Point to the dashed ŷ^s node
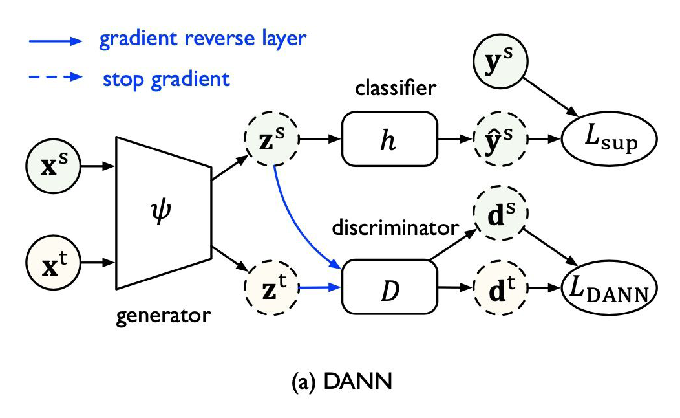tap(500, 139)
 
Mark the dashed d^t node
tap(500, 286)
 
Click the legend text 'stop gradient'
tap(166, 79)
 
